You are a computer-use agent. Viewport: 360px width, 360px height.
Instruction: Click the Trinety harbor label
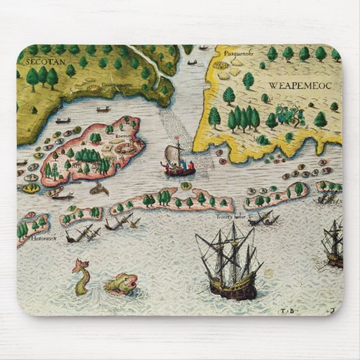pos(231,217)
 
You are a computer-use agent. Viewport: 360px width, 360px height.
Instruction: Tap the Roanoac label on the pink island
pos(124,135)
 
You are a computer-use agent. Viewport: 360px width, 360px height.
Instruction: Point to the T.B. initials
pos(285,309)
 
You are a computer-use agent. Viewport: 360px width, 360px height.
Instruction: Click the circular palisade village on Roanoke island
pos(88,156)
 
